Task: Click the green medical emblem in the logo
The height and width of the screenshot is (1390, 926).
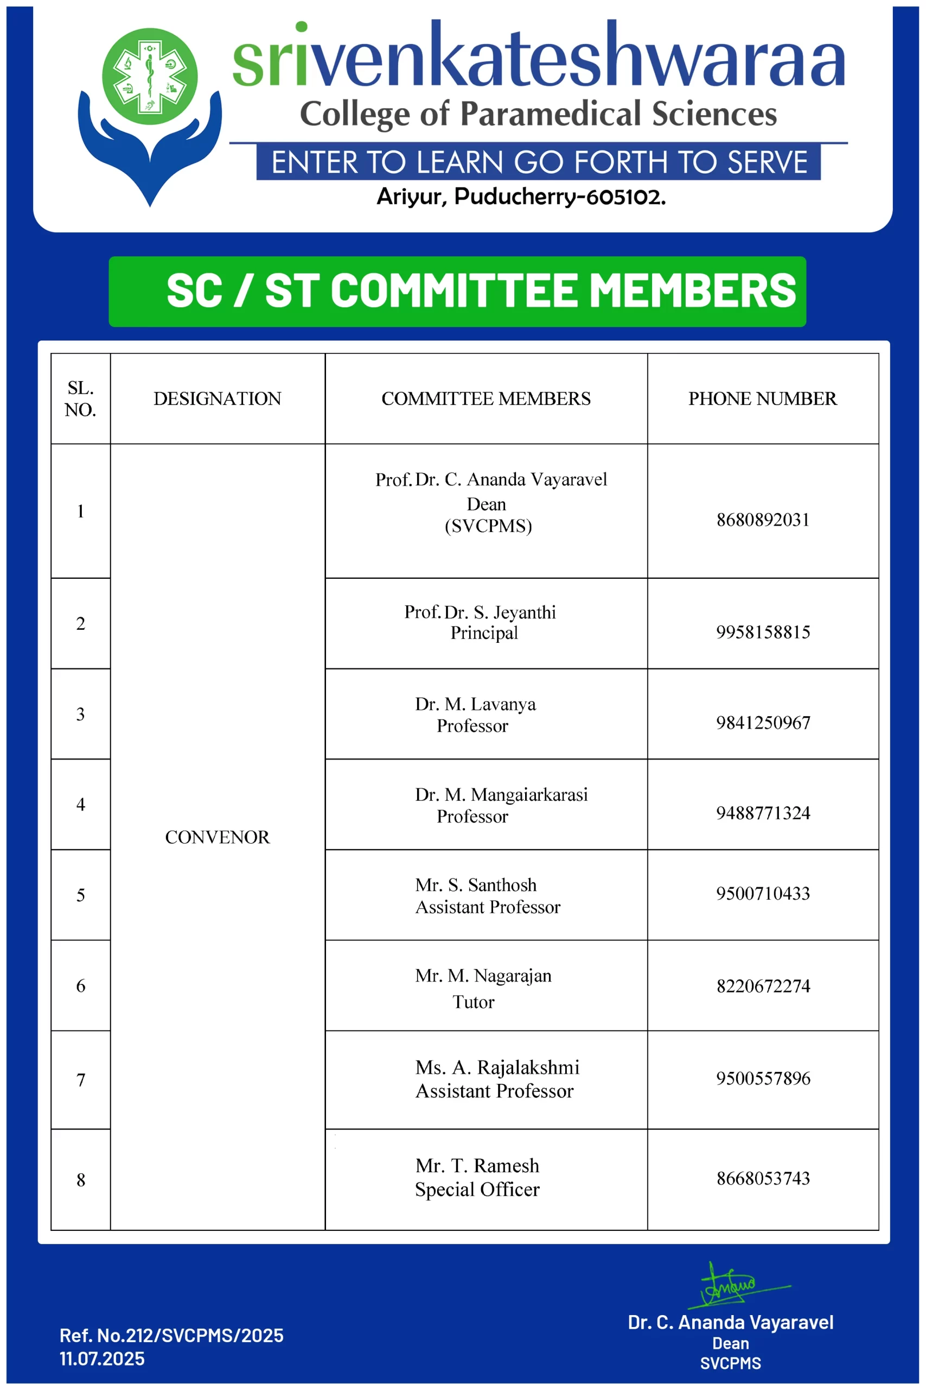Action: tap(150, 76)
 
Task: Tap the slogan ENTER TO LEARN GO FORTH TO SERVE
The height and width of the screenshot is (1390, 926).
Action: tap(539, 162)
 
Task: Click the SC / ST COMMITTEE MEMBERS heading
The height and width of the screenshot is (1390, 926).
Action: tap(481, 291)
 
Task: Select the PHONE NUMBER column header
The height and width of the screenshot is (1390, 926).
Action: tap(762, 399)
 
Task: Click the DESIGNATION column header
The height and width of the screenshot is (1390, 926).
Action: tap(218, 399)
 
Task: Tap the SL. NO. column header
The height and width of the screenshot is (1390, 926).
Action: tap(80, 399)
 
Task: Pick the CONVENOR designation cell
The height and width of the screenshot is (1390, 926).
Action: tap(218, 837)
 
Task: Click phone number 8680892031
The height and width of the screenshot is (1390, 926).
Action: tap(762, 520)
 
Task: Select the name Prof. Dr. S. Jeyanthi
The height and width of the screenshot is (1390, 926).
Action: tap(480, 612)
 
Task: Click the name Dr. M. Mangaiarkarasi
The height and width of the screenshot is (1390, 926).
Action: tap(501, 795)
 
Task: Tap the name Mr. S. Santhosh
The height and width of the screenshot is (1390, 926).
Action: tap(475, 885)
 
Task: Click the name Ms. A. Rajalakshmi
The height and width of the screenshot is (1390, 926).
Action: tap(497, 1068)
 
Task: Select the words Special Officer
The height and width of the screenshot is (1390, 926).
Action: tap(477, 1190)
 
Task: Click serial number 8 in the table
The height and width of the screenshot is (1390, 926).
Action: tap(81, 1180)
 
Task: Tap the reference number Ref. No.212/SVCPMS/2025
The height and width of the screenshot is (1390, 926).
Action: tap(171, 1335)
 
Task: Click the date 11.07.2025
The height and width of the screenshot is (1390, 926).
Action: tap(102, 1358)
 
